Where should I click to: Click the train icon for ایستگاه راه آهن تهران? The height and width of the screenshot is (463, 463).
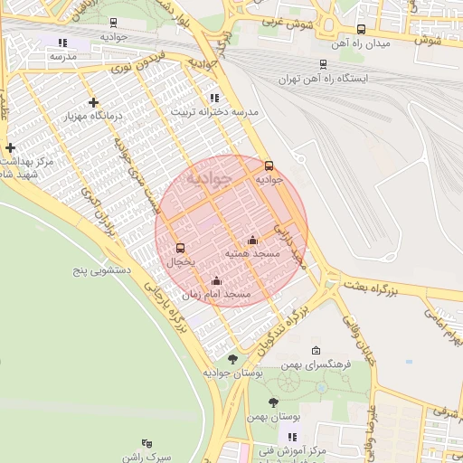[x=323, y=63]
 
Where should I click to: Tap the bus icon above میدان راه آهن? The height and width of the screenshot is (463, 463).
[x=362, y=29]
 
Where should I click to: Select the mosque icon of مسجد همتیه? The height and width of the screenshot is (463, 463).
[x=252, y=241]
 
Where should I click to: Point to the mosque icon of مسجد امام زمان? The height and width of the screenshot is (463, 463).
[x=215, y=280]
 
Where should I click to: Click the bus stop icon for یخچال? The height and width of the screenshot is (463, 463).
[x=180, y=248]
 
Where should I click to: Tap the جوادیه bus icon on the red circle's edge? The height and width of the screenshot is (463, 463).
[x=269, y=165]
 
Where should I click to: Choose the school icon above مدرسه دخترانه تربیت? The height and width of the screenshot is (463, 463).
[x=213, y=98]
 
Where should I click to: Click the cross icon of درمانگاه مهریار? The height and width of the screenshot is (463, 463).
[x=93, y=102]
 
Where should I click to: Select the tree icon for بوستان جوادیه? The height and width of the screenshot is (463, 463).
[x=232, y=359]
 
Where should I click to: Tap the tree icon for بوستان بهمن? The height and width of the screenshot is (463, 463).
[x=273, y=402]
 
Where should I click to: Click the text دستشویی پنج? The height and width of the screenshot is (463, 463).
[x=103, y=269]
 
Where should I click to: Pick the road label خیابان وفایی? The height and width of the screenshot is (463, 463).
[x=358, y=345]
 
